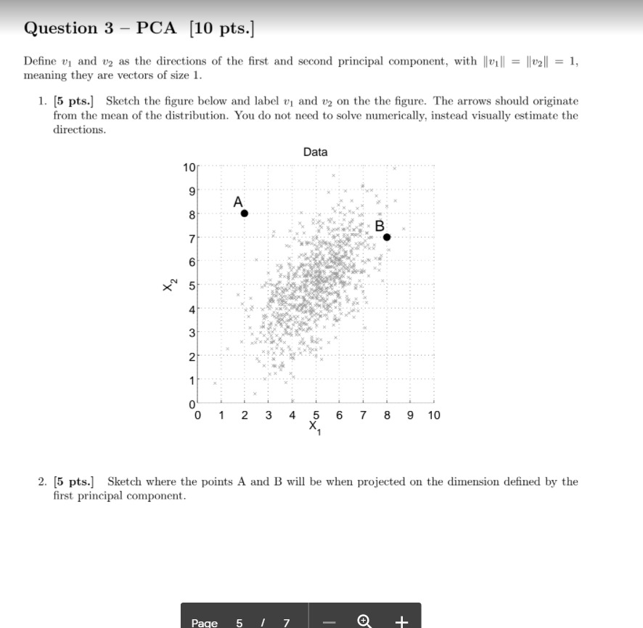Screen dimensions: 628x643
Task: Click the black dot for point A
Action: [245, 213]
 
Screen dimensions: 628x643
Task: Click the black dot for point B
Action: [387, 237]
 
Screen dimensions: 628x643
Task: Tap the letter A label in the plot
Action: [238, 201]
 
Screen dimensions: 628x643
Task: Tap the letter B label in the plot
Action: [380, 225]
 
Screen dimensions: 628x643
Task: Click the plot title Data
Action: [315, 152]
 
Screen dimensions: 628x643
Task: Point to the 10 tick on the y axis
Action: [189, 168]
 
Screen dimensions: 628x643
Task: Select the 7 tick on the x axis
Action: [363, 415]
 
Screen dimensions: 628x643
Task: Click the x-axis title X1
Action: [314, 427]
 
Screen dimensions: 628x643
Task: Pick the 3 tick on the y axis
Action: [192, 333]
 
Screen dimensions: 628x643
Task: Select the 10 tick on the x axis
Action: [433, 415]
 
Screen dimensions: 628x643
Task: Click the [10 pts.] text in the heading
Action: [221, 28]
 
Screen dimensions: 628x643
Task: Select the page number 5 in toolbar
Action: [239, 622]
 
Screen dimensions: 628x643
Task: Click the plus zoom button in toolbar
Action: [403, 621]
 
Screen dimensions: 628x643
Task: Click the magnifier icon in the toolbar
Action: [365, 621]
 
